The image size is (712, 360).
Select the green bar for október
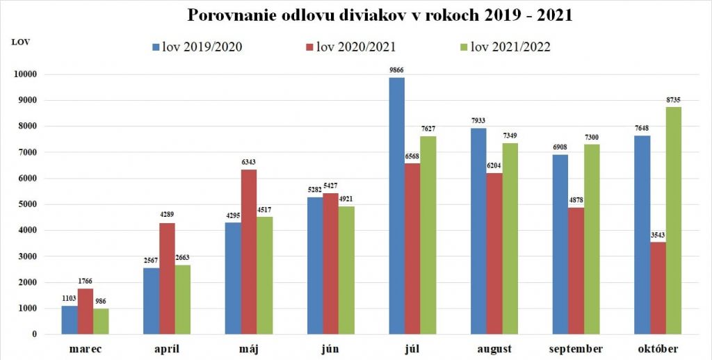coord(673,220)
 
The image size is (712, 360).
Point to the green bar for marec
coord(101,321)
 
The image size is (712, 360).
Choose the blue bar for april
coord(152,301)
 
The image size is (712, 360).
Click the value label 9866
coord(396,71)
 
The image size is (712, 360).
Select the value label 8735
coord(673,100)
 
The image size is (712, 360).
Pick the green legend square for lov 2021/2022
coord(464,47)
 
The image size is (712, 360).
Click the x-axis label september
coord(576,349)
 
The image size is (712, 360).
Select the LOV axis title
coord(20,42)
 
